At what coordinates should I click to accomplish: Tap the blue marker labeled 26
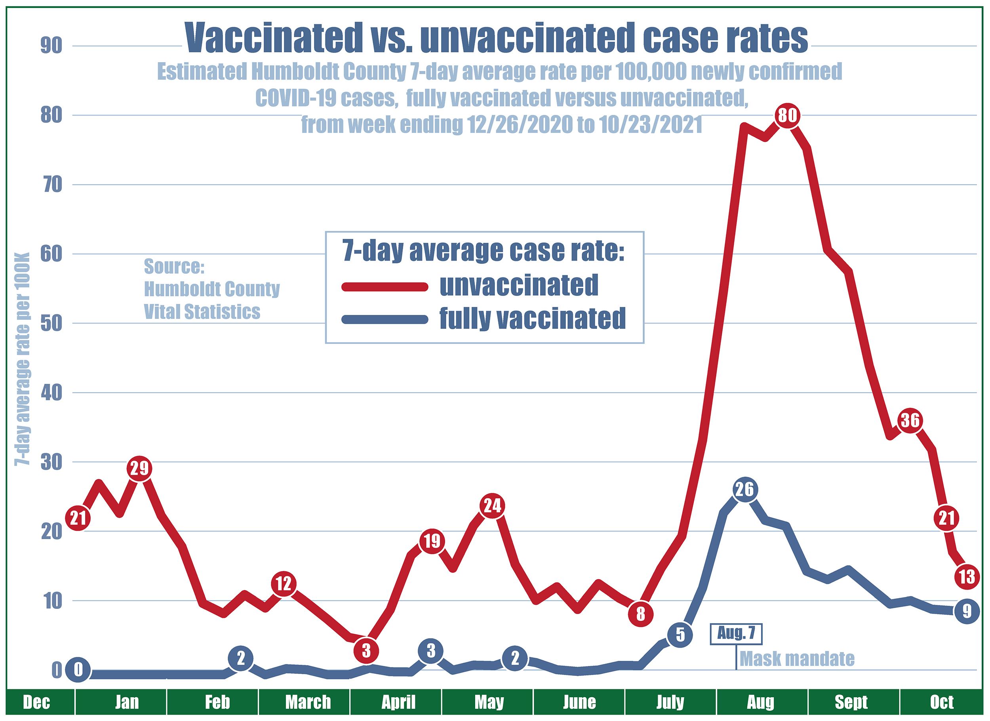tap(745, 490)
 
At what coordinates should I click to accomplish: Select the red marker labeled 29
tap(139, 469)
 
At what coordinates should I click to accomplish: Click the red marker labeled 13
tap(967, 577)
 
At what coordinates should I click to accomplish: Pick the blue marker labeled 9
tap(967, 612)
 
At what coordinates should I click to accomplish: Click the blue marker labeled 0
tap(78, 670)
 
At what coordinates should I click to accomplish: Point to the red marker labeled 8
tap(640, 614)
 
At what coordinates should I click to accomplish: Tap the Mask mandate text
tap(797, 658)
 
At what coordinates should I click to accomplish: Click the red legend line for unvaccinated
tap(385, 287)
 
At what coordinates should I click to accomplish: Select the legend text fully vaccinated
tap(532, 319)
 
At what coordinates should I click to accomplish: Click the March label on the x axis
tap(308, 703)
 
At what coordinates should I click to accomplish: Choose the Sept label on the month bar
tap(851, 703)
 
